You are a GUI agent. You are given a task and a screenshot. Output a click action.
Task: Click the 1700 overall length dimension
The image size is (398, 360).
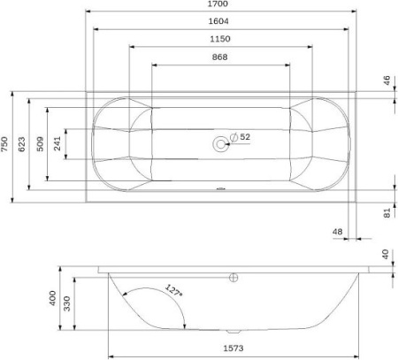tap(218, 4)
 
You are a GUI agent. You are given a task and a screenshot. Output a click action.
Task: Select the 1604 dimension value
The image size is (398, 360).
tap(218, 21)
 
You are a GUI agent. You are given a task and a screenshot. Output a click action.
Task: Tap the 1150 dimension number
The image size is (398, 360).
tap(220, 39)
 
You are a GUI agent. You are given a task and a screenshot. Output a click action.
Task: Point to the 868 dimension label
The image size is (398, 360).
tap(219, 57)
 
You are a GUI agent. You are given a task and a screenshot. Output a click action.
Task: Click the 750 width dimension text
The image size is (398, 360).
tap(4, 144)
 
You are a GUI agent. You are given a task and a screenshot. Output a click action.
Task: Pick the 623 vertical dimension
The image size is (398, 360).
tap(22, 144)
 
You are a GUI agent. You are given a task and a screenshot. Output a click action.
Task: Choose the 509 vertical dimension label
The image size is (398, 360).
tap(40, 144)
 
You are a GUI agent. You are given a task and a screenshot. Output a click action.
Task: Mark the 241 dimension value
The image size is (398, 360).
tap(57, 143)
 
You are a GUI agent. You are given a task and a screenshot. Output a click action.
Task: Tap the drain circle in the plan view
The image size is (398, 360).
tap(220, 144)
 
